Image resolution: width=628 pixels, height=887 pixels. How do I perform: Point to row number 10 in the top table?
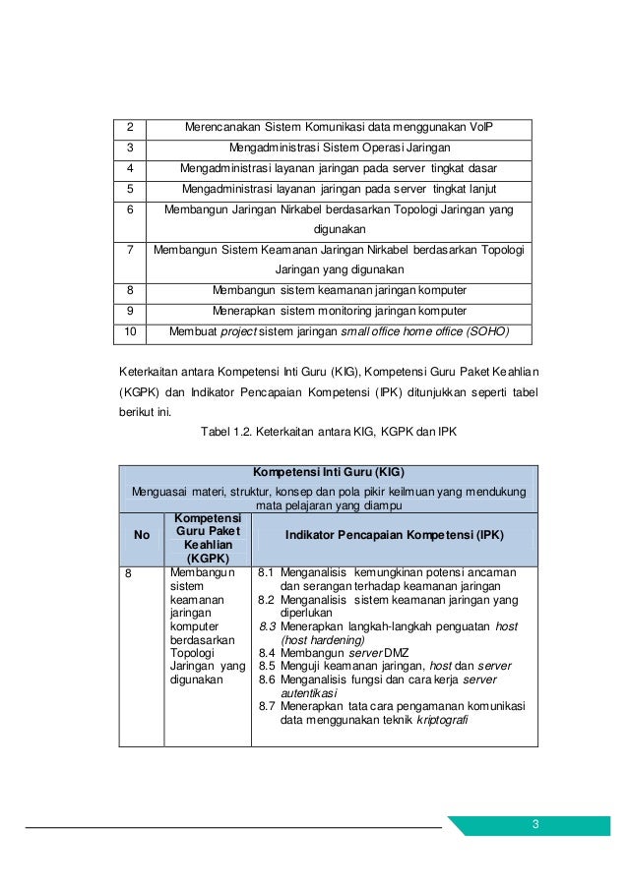(x=128, y=331)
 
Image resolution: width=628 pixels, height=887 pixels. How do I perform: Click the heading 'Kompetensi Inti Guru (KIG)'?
(x=329, y=472)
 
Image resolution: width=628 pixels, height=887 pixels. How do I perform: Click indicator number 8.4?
(x=266, y=652)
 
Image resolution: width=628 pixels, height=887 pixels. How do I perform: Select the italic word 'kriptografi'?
(x=442, y=719)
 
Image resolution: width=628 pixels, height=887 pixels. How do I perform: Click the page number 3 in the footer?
(x=535, y=824)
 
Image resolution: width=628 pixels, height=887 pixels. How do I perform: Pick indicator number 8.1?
(x=266, y=572)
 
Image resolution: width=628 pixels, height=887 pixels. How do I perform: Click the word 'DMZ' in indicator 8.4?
(x=397, y=652)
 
